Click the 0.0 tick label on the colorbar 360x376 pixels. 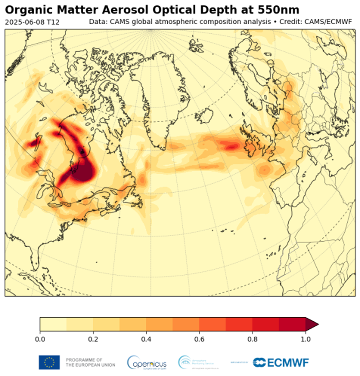point(40,339)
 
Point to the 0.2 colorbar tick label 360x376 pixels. point(93,339)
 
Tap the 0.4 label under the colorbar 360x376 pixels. point(146,339)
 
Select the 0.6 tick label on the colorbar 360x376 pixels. point(199,339)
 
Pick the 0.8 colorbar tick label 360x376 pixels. point(252,339)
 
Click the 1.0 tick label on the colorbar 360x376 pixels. point(305,339)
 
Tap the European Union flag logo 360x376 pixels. point(49,362)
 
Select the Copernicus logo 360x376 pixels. point(147,362)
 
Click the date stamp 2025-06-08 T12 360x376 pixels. point(32,22)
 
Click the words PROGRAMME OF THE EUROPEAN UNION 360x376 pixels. point(90,362)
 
